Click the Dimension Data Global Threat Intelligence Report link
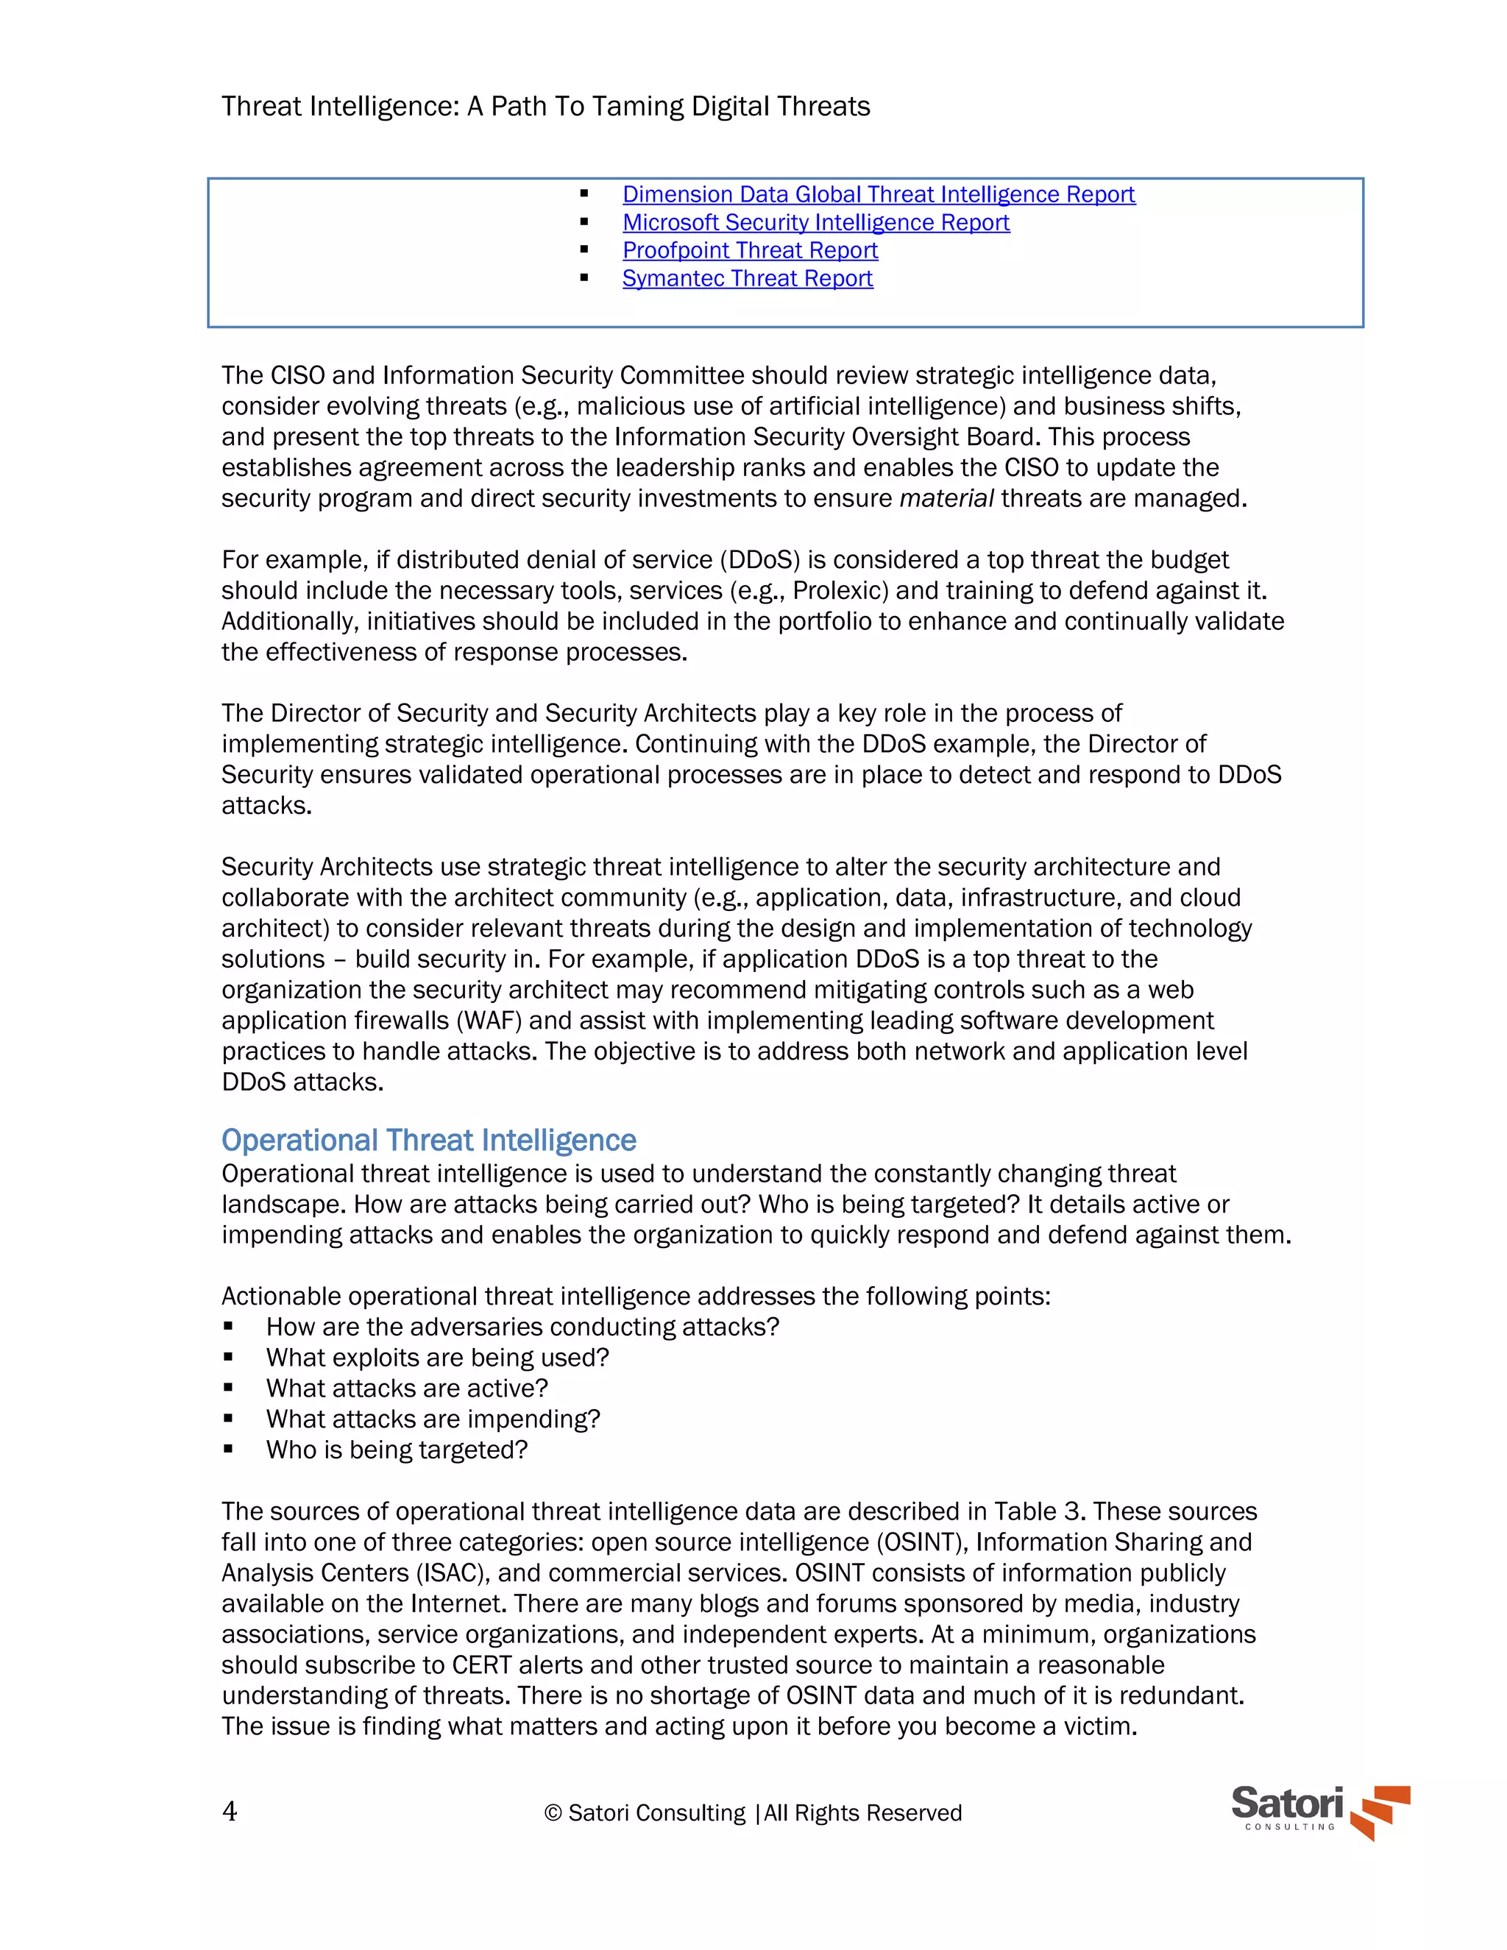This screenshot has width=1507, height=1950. pos(879,195)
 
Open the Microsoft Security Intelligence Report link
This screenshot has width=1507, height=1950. pos(816,222)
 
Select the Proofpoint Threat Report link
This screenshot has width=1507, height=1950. pos(750,250)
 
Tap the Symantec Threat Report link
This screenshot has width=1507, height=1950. pos(748,279)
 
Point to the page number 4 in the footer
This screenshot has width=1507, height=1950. pos(230,1812)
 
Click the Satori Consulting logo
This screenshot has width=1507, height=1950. pos(1319,1811)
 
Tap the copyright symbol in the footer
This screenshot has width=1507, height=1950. pos(553,1813)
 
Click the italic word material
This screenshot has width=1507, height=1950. pos(946,498)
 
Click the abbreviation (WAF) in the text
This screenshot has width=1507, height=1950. pos(489,1021)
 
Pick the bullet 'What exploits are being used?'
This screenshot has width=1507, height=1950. pos(438,1358)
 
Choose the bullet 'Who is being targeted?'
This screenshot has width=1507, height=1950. pos(397,1450)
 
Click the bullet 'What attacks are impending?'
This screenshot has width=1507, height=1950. pos(433,1419)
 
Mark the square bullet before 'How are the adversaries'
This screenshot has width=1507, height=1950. pos(229,1327)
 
